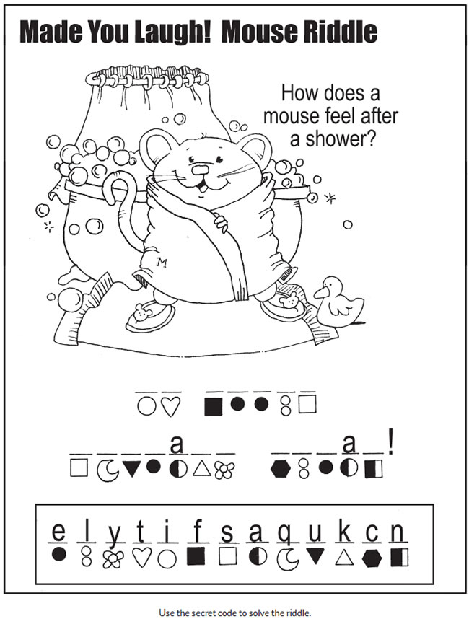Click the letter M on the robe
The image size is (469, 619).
(162, 263)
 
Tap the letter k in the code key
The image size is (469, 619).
(345, 532)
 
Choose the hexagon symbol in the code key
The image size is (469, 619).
(372, 558)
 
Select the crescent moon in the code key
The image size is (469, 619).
(287, 559)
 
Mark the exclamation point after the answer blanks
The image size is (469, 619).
(390, 444)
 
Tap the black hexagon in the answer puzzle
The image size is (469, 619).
(281, 469)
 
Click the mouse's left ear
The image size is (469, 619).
(152, 147)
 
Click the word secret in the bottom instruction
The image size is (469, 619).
(204, 613)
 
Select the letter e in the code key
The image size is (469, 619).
(58, 532)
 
